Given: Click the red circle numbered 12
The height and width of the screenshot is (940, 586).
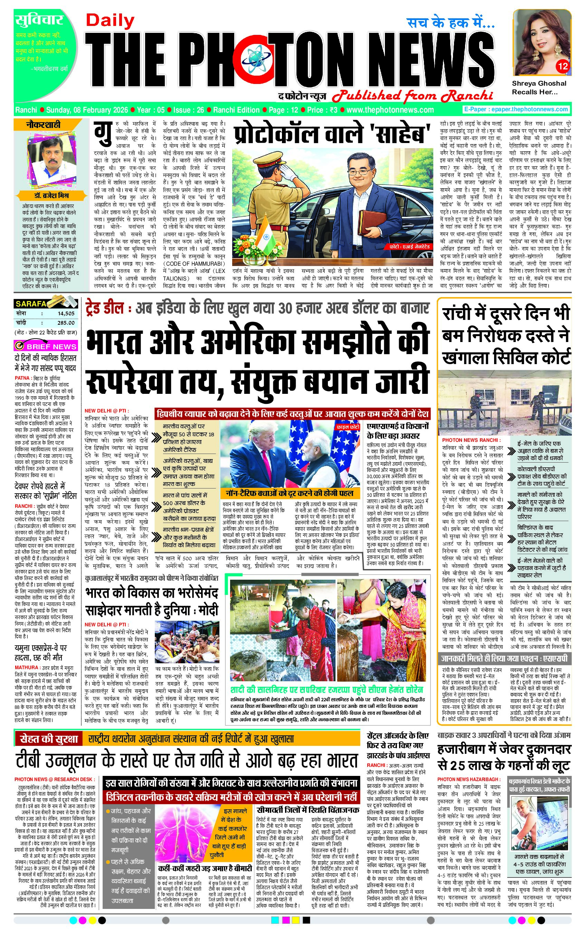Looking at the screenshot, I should pyautogui.click(x=563, y=66).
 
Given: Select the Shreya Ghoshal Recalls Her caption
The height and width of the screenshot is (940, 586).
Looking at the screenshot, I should pyautogui.click(x=539, y=87).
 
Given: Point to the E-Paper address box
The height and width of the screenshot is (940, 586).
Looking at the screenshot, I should pyautogui.click(x=516, y=110).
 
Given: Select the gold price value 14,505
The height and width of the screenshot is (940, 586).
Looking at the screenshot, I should pyautogui.click(x=66, y=313).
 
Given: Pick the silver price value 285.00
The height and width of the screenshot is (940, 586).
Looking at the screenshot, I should pyautogui.click(x=66, y=323).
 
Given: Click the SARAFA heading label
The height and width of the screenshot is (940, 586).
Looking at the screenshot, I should pyautogui.click(x=31, y=304).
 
